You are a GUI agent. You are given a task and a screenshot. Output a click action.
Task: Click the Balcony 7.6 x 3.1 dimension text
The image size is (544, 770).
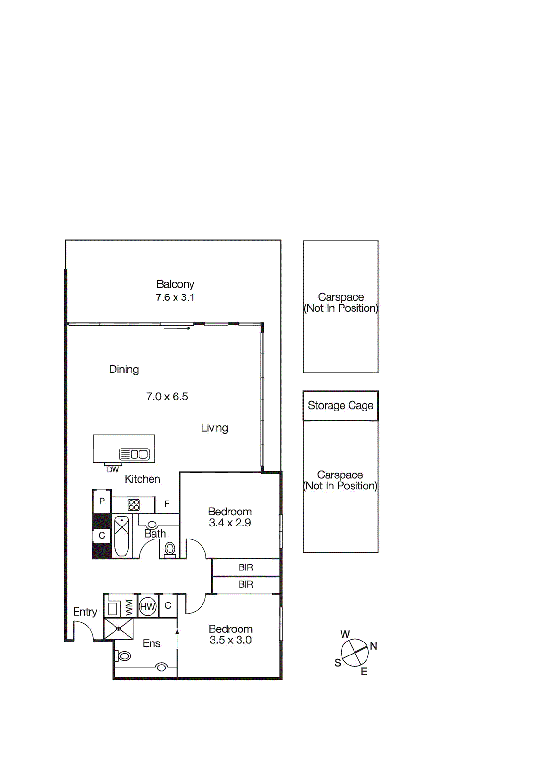tap(175, 297)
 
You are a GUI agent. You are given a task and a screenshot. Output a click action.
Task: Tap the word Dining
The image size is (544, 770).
tap(124, 369)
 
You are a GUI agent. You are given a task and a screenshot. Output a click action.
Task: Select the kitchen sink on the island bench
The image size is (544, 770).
tap(134, 454)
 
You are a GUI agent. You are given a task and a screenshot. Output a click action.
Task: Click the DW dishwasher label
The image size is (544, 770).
tap(113, 470)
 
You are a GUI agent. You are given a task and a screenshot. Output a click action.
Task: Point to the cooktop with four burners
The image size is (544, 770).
tap(134, 505)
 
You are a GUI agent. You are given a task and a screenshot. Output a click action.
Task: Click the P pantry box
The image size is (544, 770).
tap(101, 501)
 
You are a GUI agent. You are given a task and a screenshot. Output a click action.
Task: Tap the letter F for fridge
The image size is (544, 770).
tap(167, 504)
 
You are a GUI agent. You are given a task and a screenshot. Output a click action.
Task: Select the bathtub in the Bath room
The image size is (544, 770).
tap(122, 536)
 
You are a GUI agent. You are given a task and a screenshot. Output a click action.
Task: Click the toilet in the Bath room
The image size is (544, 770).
tap(170, 549)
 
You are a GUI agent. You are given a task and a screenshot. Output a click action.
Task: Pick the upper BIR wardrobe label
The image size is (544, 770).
tap(246, 567)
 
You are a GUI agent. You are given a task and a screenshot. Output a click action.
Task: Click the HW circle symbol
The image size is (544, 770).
tap(148, 607)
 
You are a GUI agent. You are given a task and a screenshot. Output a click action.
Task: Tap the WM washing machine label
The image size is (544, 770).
tap(129, 607)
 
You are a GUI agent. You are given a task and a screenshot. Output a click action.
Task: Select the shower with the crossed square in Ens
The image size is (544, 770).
tap(118, 629)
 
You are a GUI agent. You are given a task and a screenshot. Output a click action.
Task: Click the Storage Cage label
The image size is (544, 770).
tap(340, 405)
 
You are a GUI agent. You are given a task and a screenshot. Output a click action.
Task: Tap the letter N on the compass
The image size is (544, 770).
tap(373, 646)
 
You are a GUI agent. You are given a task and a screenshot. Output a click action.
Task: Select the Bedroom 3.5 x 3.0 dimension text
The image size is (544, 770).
tap(230, 640)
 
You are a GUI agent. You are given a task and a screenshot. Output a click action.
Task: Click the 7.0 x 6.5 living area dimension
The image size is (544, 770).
tap(167, 397)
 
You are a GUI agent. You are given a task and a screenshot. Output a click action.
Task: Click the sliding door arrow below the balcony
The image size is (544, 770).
tap(177, 328)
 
